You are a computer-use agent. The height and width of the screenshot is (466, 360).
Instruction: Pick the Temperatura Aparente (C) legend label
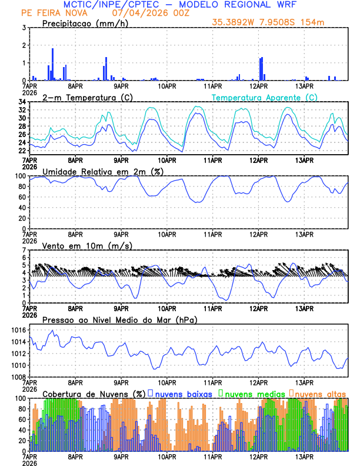(264, 97)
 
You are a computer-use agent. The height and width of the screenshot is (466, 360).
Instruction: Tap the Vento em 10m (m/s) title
(87, 245)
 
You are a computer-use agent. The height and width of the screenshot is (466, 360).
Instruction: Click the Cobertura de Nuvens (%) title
(94, 393)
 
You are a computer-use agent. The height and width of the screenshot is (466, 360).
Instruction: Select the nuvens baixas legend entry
(182, 393)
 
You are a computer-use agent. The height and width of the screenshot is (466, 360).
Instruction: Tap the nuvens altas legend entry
(321, 393)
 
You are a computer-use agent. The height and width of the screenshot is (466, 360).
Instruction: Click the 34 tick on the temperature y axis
(21, 102)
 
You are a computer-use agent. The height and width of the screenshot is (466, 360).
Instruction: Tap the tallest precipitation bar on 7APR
(52, 64)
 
